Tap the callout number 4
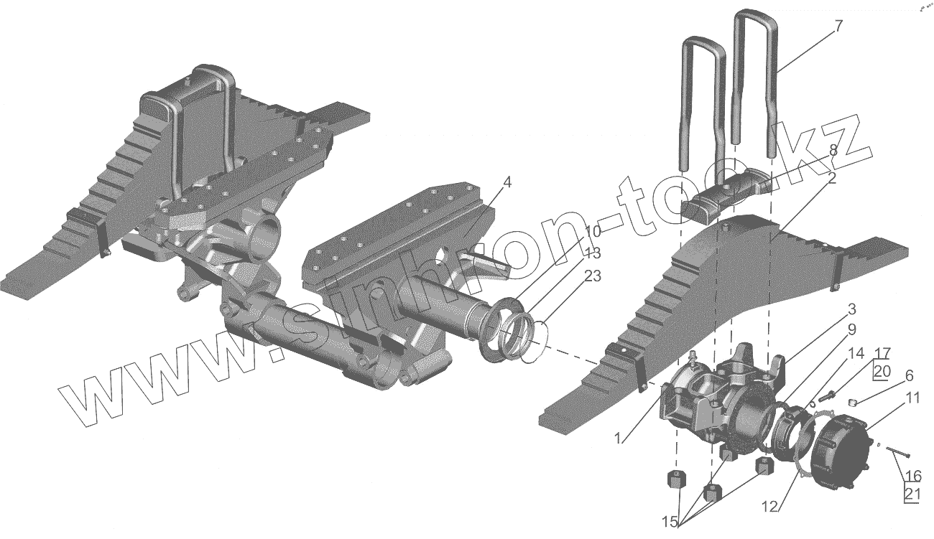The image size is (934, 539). coord(507,183)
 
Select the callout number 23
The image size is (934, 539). coord(593,276)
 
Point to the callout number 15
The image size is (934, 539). coord(670,522)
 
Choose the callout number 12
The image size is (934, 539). coord(769,507)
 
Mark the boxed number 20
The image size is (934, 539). coord(882,371)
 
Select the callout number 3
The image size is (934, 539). coord(851,310)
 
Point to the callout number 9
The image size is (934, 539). coord(851,330)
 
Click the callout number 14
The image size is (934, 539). coord(855,353)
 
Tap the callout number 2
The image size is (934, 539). coord(831,179)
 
